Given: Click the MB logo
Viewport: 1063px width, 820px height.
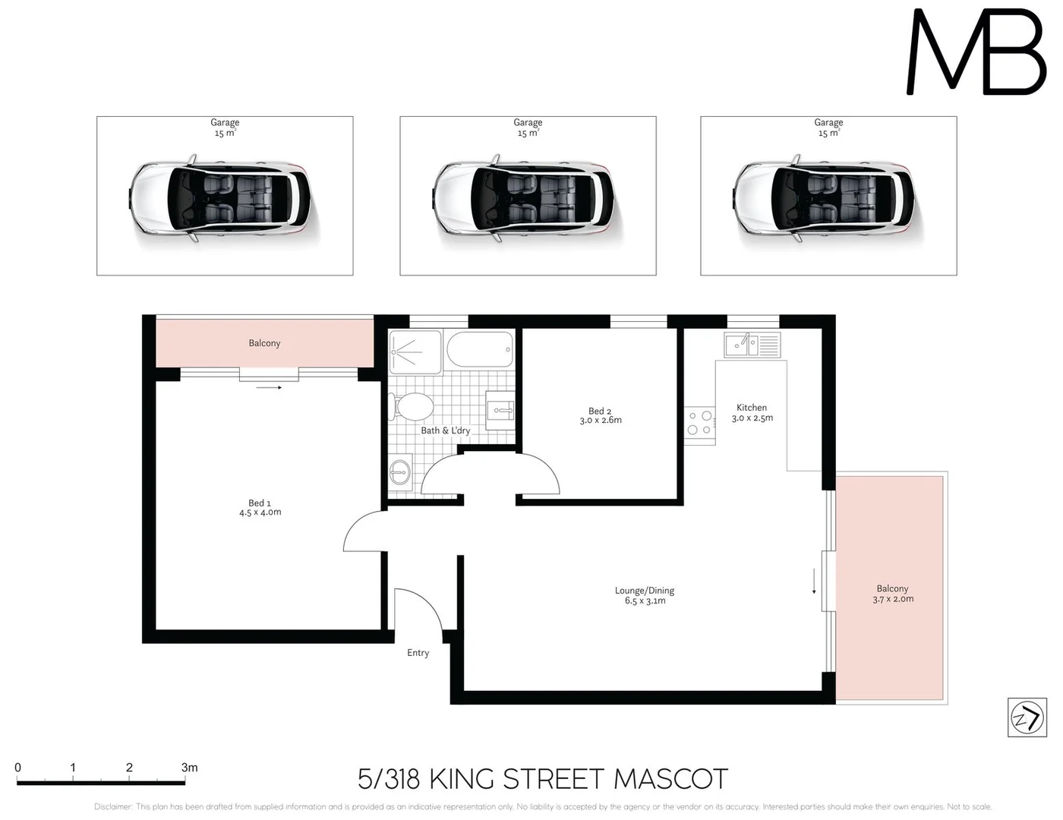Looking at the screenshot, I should pyautogui.click(x=976, y=52).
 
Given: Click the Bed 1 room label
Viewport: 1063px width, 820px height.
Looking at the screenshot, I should pyautogui.click(x=260, y=503).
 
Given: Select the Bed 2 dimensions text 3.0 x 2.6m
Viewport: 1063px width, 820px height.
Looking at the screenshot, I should pyautogui.click(x=601, y=421).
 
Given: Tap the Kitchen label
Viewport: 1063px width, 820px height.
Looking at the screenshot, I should pyautogui.click(x=752, y=408).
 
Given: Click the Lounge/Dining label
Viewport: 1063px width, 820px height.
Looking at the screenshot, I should pyautogui.click(x=645, y=591).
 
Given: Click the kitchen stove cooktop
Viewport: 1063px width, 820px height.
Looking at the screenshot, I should pyautogui.click(x=700, y=423).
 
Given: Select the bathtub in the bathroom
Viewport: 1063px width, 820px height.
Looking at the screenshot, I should pyautogui.click(x=480, y=351).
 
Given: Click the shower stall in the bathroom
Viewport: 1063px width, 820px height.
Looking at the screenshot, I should pyautogui.click(x=415, y=352).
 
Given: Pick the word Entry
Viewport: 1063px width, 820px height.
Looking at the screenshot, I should pyautogui.click(x=418, y=653).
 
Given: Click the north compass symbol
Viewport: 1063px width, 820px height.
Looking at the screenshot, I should pyautogui.click(x=1027, y=717).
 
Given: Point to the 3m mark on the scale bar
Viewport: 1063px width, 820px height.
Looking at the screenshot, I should pyautogui.click(x=189, y=768).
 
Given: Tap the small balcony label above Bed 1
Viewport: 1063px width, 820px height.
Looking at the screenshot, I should pyautogui.click(x=264, y=343).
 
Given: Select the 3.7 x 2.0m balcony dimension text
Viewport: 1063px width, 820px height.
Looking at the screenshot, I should pyautogui.click(x=893, y=599).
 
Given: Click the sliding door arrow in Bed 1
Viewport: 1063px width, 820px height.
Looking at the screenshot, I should pyautogui.click(x=269, y=388).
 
